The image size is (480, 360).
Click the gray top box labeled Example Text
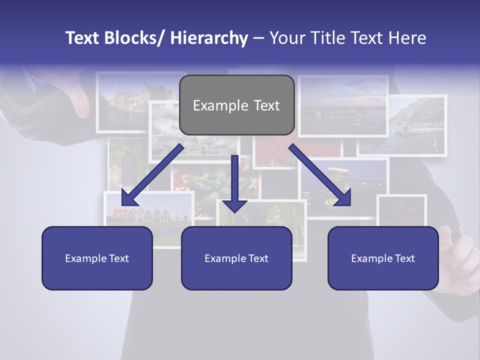point(236,105)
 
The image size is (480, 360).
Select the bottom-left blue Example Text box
point(97,258)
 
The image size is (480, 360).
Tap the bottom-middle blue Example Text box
point(236,258)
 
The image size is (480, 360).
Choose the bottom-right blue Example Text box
point(383,258)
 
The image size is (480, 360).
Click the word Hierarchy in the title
point(209,38)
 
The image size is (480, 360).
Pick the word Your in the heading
point(285,38)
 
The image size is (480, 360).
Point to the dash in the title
point(258,38)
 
